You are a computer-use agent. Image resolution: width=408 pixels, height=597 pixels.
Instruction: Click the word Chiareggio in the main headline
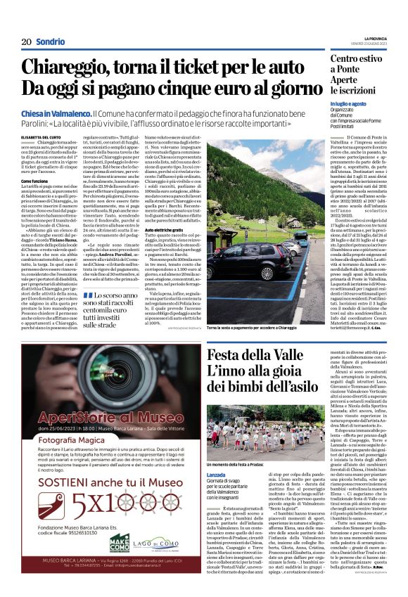click(81, 68)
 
